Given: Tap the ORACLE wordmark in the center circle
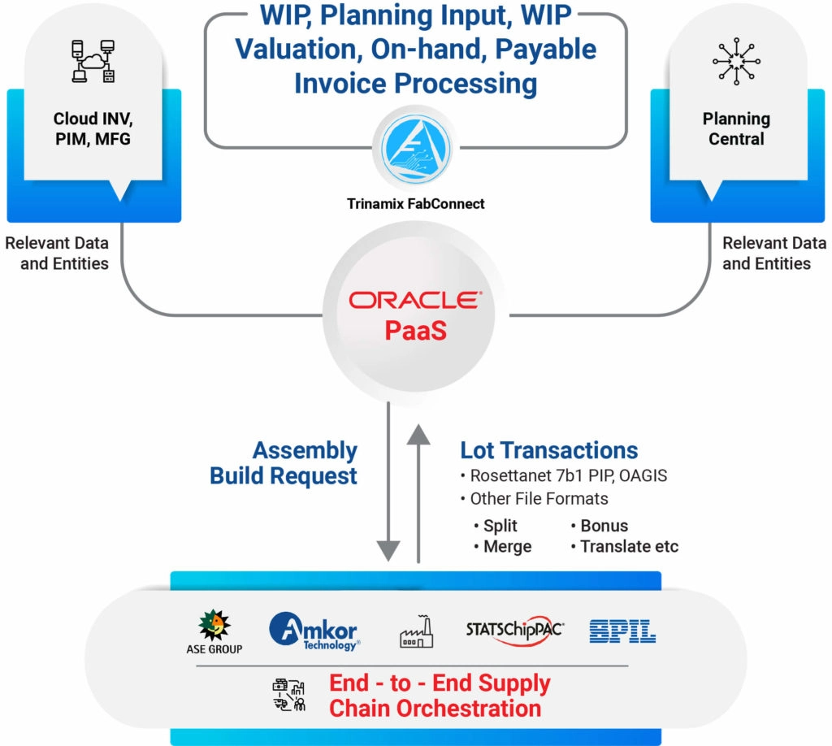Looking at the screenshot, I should point(415,300).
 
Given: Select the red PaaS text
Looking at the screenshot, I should point(415,331).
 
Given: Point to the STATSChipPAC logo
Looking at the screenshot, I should point(515,631).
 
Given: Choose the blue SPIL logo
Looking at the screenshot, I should point(622,631).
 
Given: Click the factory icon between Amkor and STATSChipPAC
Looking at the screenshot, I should point(416,631).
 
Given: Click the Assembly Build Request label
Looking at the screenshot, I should point(284,463).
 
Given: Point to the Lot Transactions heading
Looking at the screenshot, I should point(548,451).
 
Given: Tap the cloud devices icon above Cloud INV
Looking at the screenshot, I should point(91,62).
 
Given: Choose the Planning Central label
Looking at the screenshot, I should point(736,128).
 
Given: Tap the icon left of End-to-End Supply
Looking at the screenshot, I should point(288,696).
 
